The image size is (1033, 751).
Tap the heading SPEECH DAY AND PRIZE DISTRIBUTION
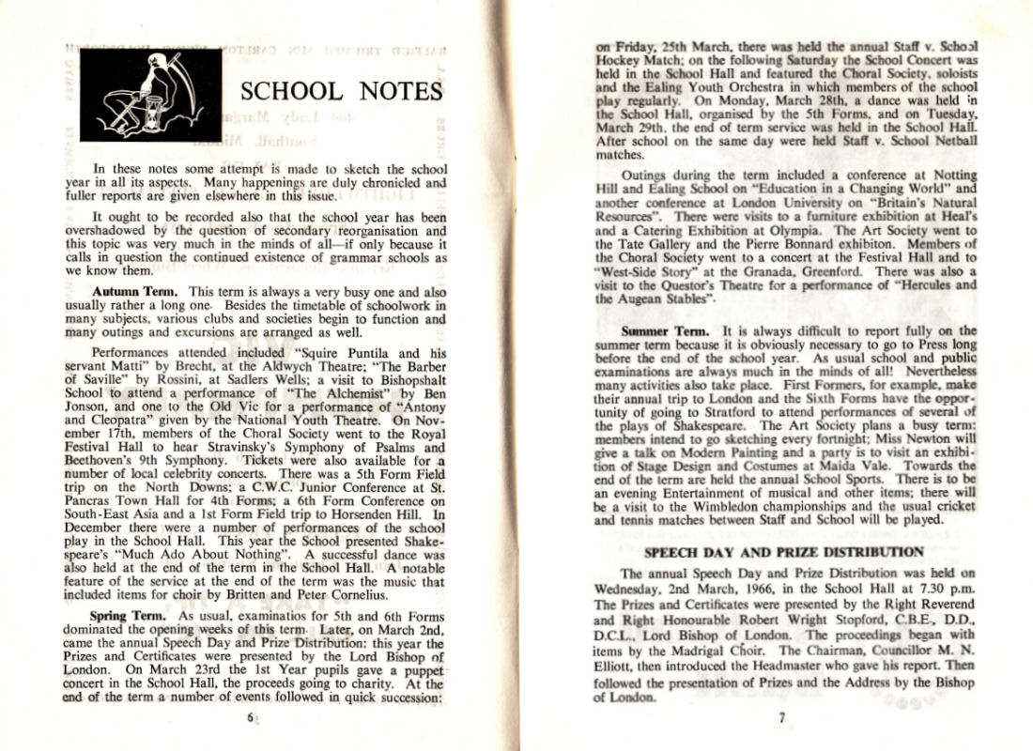[x=783, y=551]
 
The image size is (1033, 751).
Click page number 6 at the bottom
[x=251, y=718]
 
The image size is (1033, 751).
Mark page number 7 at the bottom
[x=781, y=718]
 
